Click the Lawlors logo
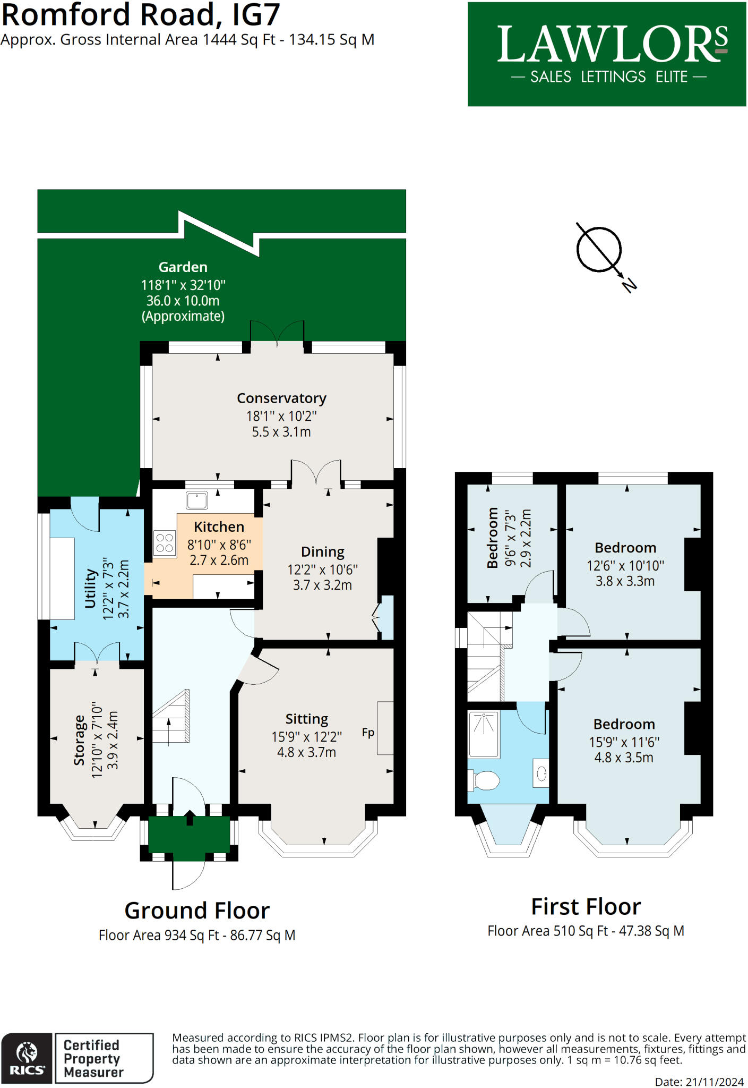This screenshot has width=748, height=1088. click(x=607, y=54)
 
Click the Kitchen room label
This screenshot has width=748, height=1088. click(x=219, y=527)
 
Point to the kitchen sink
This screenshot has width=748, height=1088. click(x=196, y=500)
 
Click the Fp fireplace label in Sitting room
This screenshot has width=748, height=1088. click(x=368, y=733)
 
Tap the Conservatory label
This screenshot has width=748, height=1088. click(x=281, y=398)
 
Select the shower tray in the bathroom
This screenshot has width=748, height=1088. click(x=484, y=734)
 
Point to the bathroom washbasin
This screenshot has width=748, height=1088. click(x=541, y=773)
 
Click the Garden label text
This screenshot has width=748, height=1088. click(x=183, y=267)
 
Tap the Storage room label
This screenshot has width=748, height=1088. click(x=80, y=740)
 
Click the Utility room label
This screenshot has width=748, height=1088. click(x=90, y=589)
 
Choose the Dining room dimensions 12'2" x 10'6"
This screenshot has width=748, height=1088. click(x=323, y=570)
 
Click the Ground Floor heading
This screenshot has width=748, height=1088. click(x=197, y=911)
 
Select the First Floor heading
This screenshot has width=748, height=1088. click(x=586, y=906)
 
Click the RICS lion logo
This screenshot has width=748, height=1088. click(x=27, y=1058)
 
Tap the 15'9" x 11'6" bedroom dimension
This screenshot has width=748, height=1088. click(x=624, y=742)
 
